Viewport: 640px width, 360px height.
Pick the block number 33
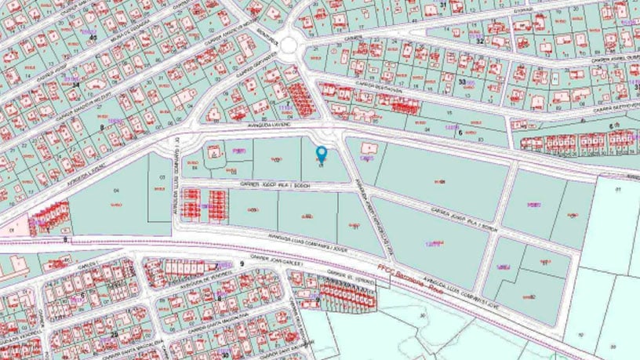462,82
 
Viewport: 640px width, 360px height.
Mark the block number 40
93,37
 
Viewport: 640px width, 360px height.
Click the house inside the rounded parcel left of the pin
213,154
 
